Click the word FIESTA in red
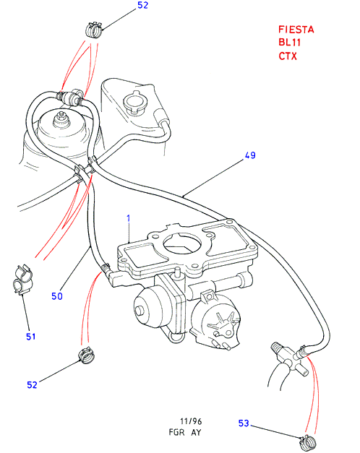(x=296, y=30)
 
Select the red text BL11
(x=290, y=43)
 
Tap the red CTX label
(x=288, y=56)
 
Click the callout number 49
(x=250, y=155)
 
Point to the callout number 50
(x=57, y=296)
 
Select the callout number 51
(x=31, y=337)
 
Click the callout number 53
(x=244, y=423)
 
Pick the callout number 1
(x=129, y=218)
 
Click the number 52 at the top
(x=142, y=5)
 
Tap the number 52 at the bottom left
(x=32, y=385)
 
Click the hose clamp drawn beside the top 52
(x=94, y=29)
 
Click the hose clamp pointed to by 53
(x=308, y=442)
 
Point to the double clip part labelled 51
(x=22, y=280)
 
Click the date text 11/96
(x=191, y=421)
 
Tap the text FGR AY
(x=185, y=433)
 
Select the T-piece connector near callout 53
(x=290, y=358)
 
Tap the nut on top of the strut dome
(x=61, y=119)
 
